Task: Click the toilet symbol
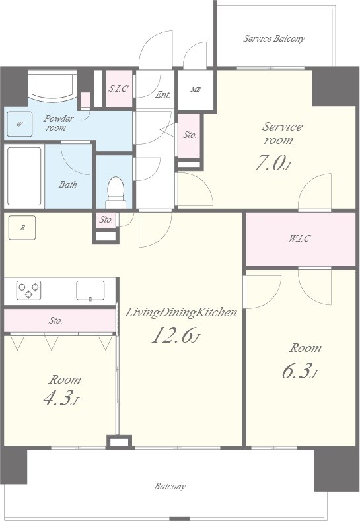coord(116,193)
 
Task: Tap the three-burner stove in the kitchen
coord(28,290)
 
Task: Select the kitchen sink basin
coord(90,291)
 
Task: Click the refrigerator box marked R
coord(22,228)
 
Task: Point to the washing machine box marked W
coord(20,124)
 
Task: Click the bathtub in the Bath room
coord(24,176)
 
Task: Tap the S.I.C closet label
coord(119,88)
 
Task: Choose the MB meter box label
coord(196,89)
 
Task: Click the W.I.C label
coord(299,238)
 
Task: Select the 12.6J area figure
coord(176,335)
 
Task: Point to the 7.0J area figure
coord(273,163)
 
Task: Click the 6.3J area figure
coord(300,371)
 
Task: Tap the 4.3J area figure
coord(61,398)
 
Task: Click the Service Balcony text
coord(274,38)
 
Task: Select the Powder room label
coord(59,123)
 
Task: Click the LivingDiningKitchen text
coord(180,313)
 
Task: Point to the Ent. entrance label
coord(163,94)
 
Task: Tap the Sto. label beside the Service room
coord(190,135)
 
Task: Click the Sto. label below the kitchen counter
coord(55,321)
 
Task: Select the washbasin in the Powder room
coord(52,85)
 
